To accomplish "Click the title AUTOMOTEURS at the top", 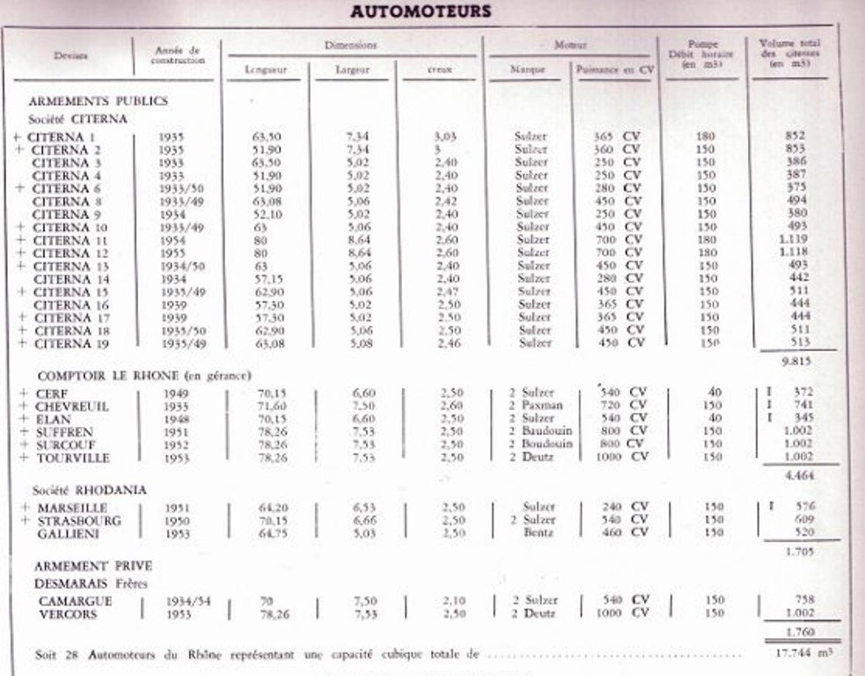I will [x=420, y=12].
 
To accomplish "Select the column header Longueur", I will [x=267, y=69].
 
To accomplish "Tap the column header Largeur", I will [x=352, y=69].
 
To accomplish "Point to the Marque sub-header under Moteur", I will [x=528, y=69].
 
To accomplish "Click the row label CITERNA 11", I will [x=70, y=239].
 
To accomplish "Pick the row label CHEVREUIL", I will [x=71, y=406].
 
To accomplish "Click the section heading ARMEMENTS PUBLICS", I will [x=98, y=101].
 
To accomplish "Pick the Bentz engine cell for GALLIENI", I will [x=537, y=533].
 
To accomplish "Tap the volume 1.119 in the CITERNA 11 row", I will [x=793, y=239].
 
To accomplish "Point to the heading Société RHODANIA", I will [x=90, y=489].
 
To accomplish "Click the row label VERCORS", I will [x=69, y=614].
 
